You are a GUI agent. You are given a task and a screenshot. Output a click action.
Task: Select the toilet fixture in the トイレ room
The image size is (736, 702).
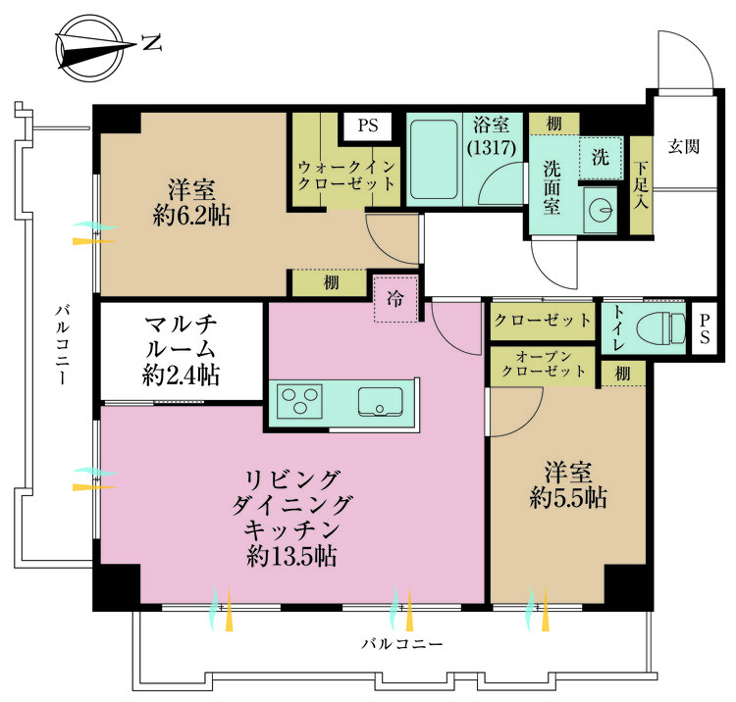click(660, 326)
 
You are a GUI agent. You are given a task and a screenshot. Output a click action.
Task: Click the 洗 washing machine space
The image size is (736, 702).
click(600, 157)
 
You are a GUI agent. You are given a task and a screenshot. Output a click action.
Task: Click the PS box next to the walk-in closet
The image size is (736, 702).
click(367, 125)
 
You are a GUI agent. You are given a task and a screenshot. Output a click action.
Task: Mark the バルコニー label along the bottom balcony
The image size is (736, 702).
click(401, 644)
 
